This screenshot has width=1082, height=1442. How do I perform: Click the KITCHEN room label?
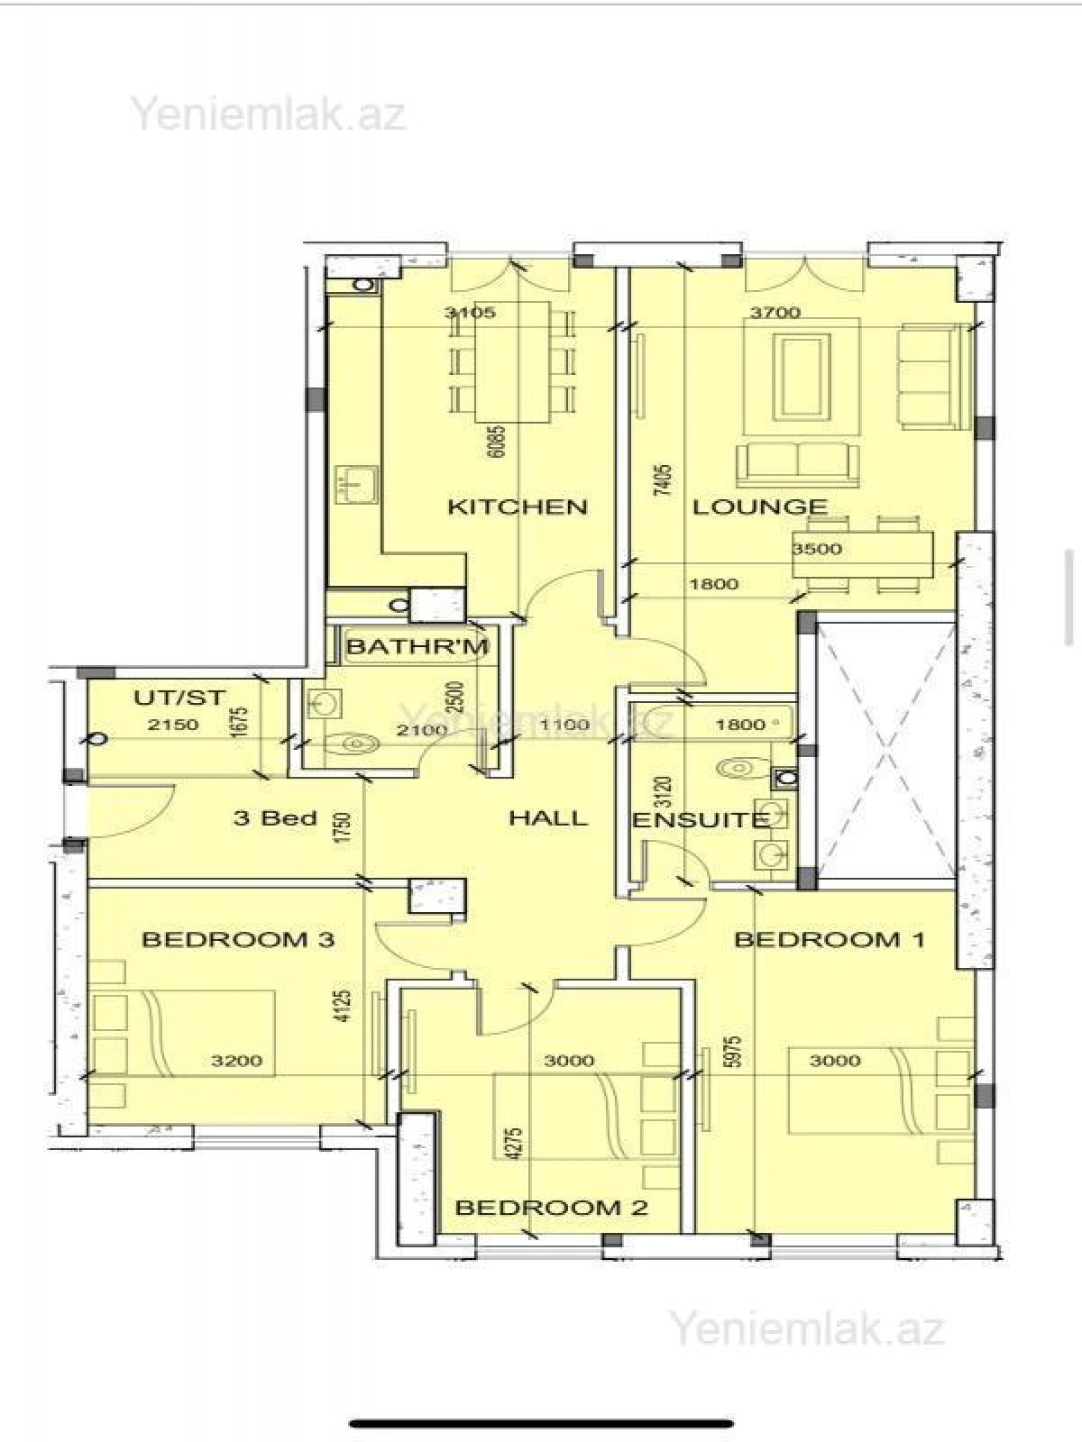518,507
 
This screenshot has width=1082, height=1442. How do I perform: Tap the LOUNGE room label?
759,507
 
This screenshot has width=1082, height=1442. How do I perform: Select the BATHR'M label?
417,646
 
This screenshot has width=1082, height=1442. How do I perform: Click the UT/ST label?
179,698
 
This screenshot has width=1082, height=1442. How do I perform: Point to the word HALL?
548,818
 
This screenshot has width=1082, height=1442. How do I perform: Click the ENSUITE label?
700,820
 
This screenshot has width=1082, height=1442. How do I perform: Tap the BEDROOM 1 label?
830,940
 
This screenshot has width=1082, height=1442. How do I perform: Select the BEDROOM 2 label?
551,1208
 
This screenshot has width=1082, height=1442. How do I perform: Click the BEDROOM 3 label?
238,940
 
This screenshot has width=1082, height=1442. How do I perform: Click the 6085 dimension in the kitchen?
496,442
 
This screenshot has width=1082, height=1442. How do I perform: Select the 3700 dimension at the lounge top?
775,313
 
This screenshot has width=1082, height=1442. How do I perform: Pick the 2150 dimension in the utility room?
173,724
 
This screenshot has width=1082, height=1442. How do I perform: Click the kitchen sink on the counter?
354,485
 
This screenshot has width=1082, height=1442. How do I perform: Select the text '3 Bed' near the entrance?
275,818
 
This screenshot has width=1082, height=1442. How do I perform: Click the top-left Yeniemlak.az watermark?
269,114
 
